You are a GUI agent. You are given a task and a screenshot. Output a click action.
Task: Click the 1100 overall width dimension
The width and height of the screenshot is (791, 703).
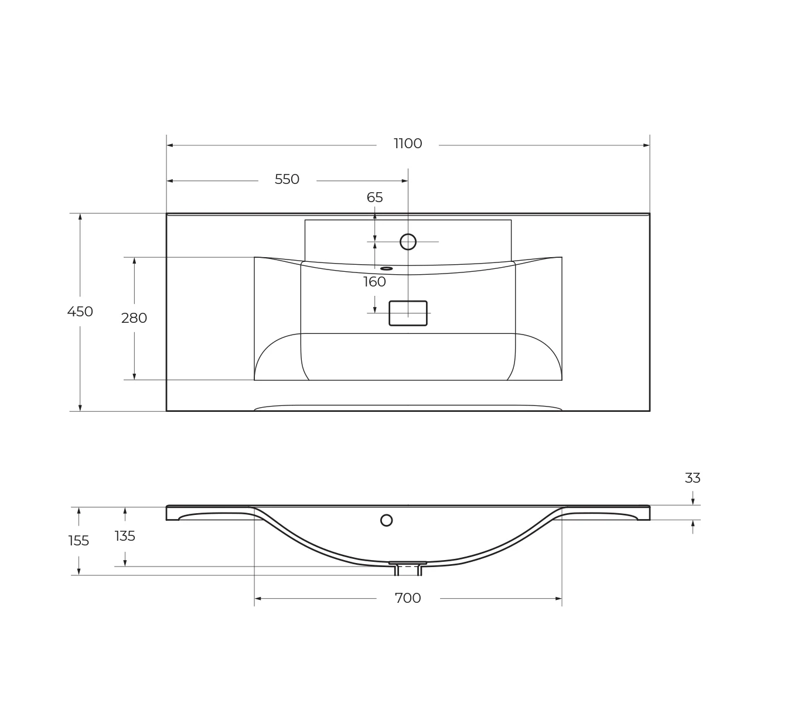pyautogui.click(x=408, y=144)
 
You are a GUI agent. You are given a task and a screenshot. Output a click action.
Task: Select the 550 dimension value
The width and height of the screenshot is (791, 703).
pyautogui.click(x=287, y=179)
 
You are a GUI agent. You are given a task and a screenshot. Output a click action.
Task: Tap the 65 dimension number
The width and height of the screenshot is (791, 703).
pyautogui.click(x=374, y=197)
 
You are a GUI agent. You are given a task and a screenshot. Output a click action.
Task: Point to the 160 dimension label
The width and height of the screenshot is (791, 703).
pyautogui.click(x=374, y=281)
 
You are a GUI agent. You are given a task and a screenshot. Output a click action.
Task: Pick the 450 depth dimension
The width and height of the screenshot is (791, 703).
pyautogui.click(x=80, y=312)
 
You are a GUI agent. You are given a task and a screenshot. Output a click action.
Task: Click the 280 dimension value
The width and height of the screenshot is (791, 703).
pyautogui.click(x=134, y=318)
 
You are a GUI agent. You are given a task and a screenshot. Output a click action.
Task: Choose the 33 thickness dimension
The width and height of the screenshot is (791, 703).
pyautogui.click(x=693, y=478)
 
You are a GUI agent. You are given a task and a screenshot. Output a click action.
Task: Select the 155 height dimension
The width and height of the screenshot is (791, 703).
pyautogui.click(x=79, y=541)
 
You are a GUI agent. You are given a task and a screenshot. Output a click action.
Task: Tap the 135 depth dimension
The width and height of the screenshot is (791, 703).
pyautogui.click(x=125, y=536)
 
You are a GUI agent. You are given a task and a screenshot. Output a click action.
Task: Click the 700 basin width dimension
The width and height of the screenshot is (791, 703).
pyautogui.click(x=408, y=598)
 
